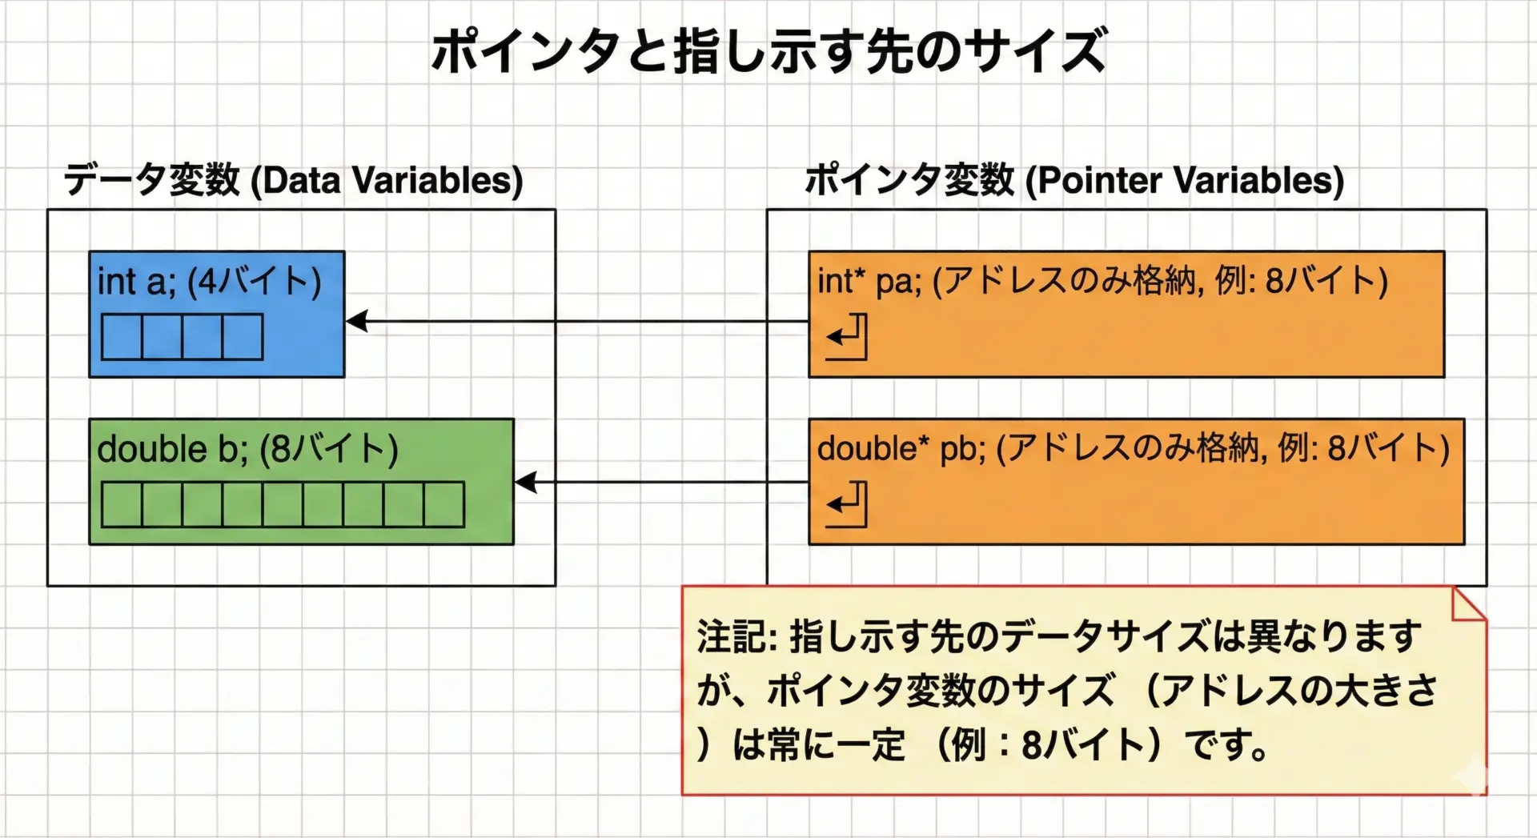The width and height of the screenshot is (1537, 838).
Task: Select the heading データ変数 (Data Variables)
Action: [x=293, y=179]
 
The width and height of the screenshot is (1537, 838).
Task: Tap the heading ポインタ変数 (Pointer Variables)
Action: [x=1073, y=179]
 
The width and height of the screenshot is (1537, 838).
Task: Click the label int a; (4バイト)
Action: [x=209, y=282]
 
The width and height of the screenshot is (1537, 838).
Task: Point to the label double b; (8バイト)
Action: [x=247, y=449]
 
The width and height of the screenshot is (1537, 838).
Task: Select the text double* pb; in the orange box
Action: [x=901, y=448]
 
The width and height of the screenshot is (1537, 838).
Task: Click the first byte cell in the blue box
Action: [x=122, y=337]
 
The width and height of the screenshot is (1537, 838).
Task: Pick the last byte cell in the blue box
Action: [x=243, y=337]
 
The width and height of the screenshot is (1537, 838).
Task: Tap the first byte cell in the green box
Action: [x=122, y=504]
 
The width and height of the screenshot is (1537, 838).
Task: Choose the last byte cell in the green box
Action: [x=444, y=504]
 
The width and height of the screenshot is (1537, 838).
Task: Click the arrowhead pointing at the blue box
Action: [x=357, y=321]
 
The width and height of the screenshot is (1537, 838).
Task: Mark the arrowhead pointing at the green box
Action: [x=526, y=483]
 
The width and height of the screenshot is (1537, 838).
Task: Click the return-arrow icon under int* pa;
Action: [x=847, y=337]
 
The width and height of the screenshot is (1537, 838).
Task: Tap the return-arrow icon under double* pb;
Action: [x=847, y=504]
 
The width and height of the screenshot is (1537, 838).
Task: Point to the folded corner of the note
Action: [x=1470, y=604]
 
